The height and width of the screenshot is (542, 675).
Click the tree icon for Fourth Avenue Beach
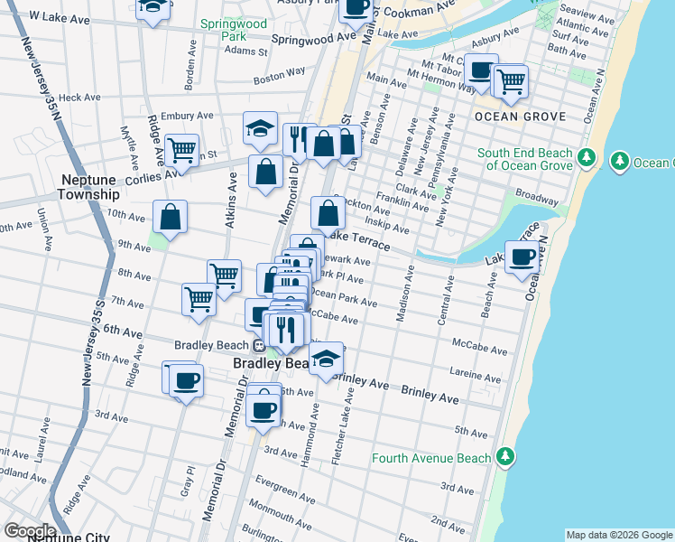point(506,458)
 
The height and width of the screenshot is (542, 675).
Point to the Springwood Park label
point(223,30)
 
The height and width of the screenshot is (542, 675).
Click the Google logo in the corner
point(29,530)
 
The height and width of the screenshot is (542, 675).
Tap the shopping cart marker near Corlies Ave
point(182,150)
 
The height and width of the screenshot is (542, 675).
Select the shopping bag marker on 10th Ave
point(170,217)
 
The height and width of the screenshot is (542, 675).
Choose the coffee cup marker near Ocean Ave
point(522,257)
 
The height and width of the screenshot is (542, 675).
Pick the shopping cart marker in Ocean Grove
point(511,80)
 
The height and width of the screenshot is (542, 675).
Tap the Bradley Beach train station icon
point(259,344)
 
